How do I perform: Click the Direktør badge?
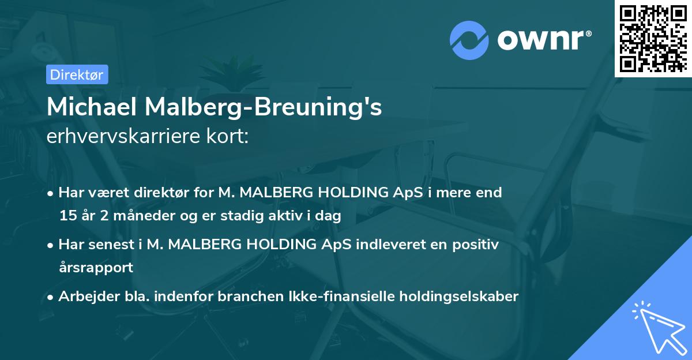77,74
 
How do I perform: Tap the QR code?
652,38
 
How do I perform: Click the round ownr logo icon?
469,40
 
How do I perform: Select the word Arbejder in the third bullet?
84,297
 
